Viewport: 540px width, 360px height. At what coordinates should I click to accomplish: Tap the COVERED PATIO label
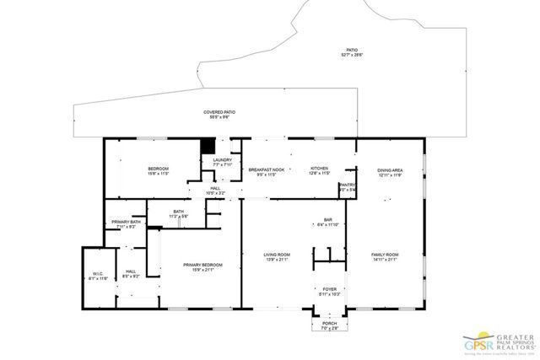tap(219, 115)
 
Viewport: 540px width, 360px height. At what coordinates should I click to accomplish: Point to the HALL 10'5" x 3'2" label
tap(217, 191)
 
